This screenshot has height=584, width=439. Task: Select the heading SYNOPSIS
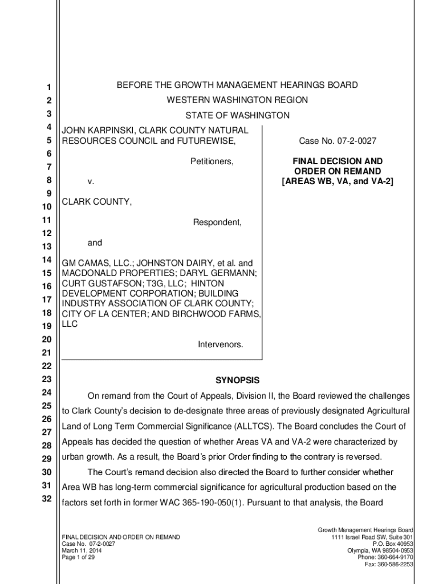pyautogui.click(x=237, y=380)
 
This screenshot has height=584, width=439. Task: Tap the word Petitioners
pyautogui.click(x=212, y=162)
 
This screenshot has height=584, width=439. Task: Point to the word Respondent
pyautogui.click(x=217, y=222)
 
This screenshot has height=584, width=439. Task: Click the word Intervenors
pyautogui.click(x=220, y=344)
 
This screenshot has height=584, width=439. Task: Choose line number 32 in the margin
pyautogui.click(x=49, y=499)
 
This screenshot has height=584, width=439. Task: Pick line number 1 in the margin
pyautogui.click(x=49, y=88)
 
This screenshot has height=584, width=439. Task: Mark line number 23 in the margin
pyautogui.click(x=49, y=379)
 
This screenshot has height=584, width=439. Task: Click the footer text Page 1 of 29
pyautogui.click(x=78, y=557)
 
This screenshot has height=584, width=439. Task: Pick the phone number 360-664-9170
pyautogui.click(x=397, y=557)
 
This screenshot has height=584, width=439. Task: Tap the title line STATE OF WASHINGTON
pyautogui.click(x=237, y=116)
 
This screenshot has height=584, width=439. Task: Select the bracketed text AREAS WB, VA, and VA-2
pyautogui.click(x=338, y=181)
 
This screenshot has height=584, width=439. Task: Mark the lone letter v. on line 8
pyautogui.click(x=91, y=182)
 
